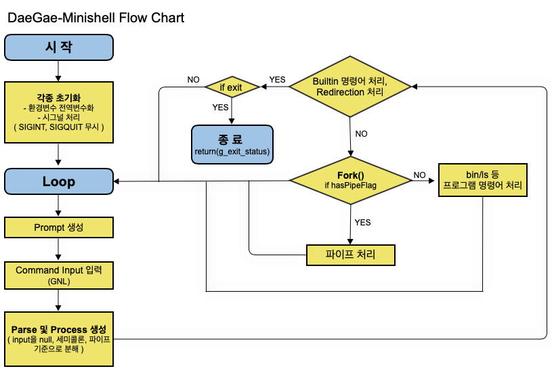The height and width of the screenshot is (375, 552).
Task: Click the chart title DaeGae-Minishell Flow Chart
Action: pyautogui.click(x=95, y=18)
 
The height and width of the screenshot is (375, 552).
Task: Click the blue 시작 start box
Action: pyautogui.click(x=59, y=47)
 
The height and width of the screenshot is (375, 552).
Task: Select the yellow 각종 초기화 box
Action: pyautogui.click(x=59, y=112)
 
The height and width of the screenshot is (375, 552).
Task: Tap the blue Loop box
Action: pyautogui.click(x=59, y=181)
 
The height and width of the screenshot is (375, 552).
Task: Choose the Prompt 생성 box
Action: pyautogui.click(x=59, y=227)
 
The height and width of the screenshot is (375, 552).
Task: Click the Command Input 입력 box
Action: pyautogui.click(x=59, y=275)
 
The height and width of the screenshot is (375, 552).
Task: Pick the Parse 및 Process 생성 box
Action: pyautogui.click(x=59, y=338)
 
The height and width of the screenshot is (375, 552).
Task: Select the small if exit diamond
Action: pyautogui.click(x=232, y=87)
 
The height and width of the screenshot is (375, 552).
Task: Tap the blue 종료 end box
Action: pyautogui.click(x=232, y=145)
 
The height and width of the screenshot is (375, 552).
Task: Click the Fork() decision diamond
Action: pyautogui.click(x=350, y=180)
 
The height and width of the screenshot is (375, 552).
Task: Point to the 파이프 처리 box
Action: pyautogui.click(x=350, y=255)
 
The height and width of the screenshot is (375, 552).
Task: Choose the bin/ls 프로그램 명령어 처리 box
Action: pyautogui.click(x=482, y=180)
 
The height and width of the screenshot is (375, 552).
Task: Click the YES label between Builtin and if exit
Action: pyautogui.click(x=277, y=80)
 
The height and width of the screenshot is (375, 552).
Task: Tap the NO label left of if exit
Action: pyautogui.click(x=193, y=80)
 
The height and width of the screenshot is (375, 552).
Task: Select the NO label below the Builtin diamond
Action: pyautogui.click(x=361, y=134)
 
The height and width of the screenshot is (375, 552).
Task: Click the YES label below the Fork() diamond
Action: pyautogui.click(x=362, y=222)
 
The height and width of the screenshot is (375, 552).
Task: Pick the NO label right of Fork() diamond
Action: pyautogui.click(x=420, y=175)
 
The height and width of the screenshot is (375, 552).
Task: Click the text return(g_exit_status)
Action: pyautogui.click(x=232, y=152)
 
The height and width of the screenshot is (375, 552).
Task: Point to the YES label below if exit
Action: pyautogui.click(x=220, y=107)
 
